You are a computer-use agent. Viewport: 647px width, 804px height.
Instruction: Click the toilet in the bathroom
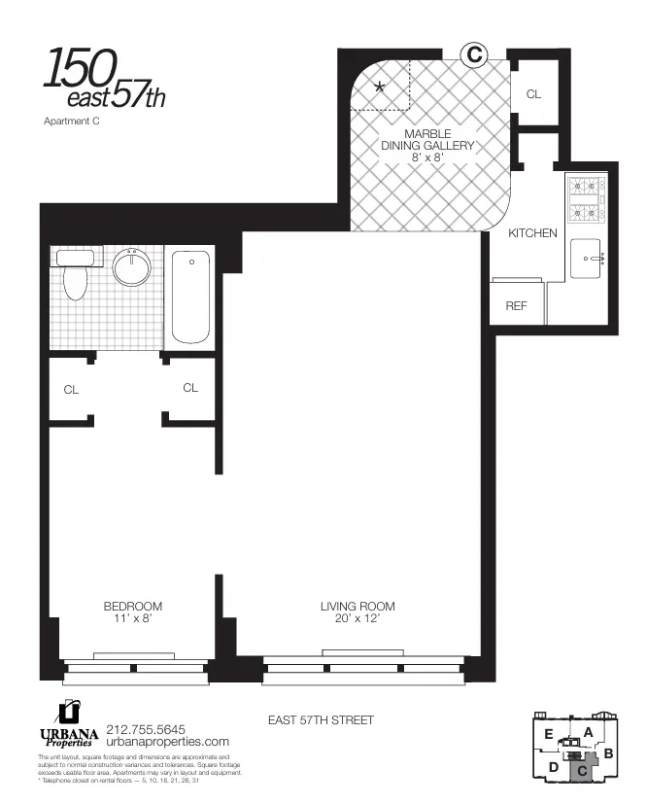pos(75,275)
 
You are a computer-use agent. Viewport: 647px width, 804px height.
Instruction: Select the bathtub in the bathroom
pos(190,297)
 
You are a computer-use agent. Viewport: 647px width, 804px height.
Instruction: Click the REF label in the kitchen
pos(516,305)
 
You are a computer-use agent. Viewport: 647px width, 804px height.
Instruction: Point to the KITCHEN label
pos(532,233)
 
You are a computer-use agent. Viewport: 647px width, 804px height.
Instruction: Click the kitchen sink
pos(586,259)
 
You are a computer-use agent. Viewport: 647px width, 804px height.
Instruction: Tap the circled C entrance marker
pos(473,55)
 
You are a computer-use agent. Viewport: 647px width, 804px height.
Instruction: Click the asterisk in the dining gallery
pos(380,87)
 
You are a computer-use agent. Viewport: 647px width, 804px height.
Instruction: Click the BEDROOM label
pos(133,607)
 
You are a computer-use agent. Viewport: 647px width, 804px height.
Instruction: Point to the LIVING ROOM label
pos(358,607)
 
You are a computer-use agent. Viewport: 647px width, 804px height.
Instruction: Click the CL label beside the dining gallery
pos(533,94)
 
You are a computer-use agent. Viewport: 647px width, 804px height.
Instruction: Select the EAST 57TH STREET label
pos(321,720)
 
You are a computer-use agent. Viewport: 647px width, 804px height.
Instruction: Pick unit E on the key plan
pos(549,735)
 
